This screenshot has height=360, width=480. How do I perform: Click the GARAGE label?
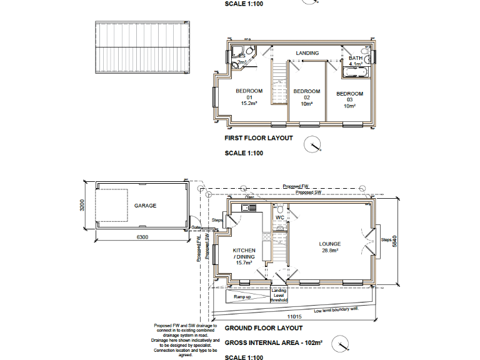click(144, 206)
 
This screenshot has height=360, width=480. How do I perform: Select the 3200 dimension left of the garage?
click(82, 206)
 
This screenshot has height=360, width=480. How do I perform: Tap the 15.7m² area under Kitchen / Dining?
click(244, 263)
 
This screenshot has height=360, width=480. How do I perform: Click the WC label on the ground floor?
click(280, 217)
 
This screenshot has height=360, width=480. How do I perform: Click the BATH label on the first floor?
click(355, 58)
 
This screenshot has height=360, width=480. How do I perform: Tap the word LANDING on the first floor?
click(307, 53)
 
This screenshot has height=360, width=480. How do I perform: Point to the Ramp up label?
click(243, 297)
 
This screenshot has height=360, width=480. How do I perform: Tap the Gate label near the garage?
click(195, 227)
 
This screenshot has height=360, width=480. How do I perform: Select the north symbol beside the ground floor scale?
click(342, 344)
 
